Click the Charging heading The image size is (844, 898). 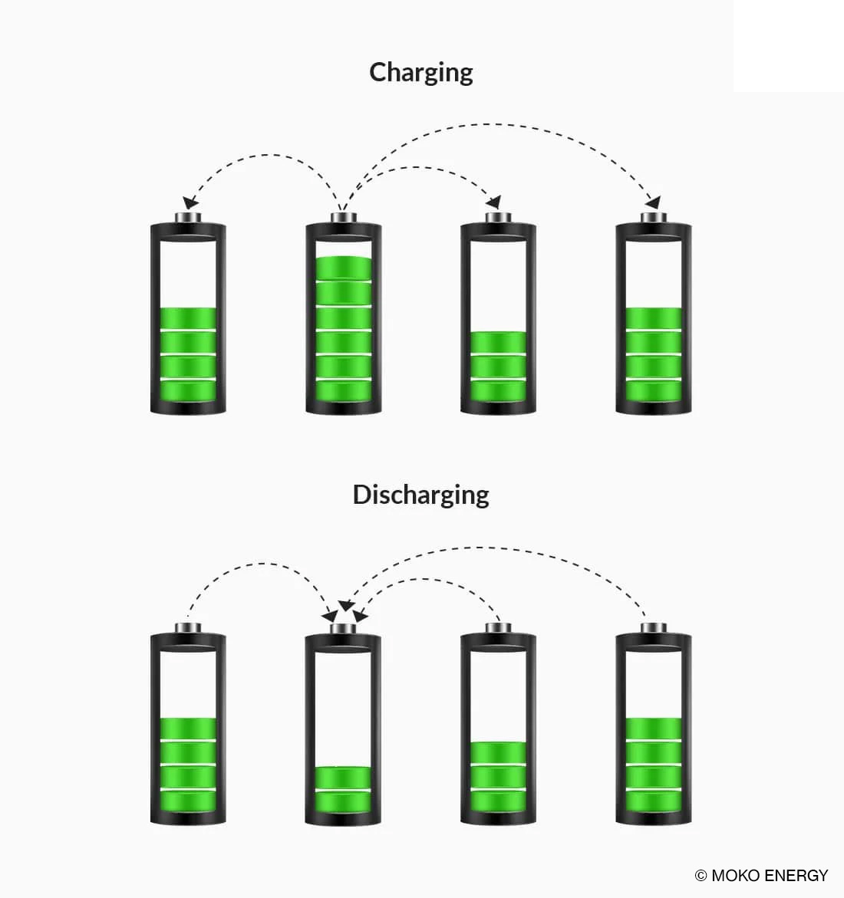[x=420, y=72]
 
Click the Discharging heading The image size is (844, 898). [x=420, y=495]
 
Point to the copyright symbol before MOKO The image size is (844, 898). [x=701, y=875]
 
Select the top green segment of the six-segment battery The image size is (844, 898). [x=343, y=268]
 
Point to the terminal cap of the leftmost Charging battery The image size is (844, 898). [x=188, y=219]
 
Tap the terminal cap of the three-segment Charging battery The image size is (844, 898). [x=498, y=219]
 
